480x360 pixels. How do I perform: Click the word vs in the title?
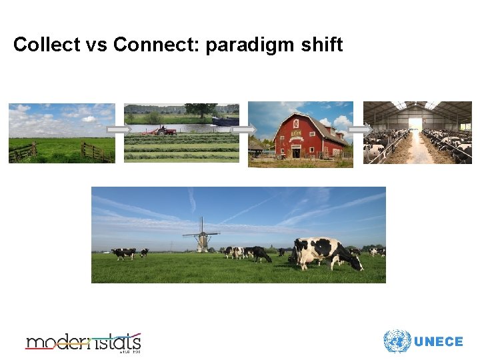click(93, 45)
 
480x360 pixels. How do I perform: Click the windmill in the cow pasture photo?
click(201, 235)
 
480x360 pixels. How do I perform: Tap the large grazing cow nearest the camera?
click(325, 254)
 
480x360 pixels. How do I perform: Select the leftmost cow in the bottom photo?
click(123, 253)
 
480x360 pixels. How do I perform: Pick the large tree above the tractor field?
click(201, 110)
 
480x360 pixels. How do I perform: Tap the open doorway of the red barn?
click(296, 152)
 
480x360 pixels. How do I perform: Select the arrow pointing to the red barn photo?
click(243, 129)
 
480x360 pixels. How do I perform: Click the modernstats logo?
click(83, 342)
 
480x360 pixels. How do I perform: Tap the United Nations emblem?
click(397, 341)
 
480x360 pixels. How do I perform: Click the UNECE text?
click(438, 342)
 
